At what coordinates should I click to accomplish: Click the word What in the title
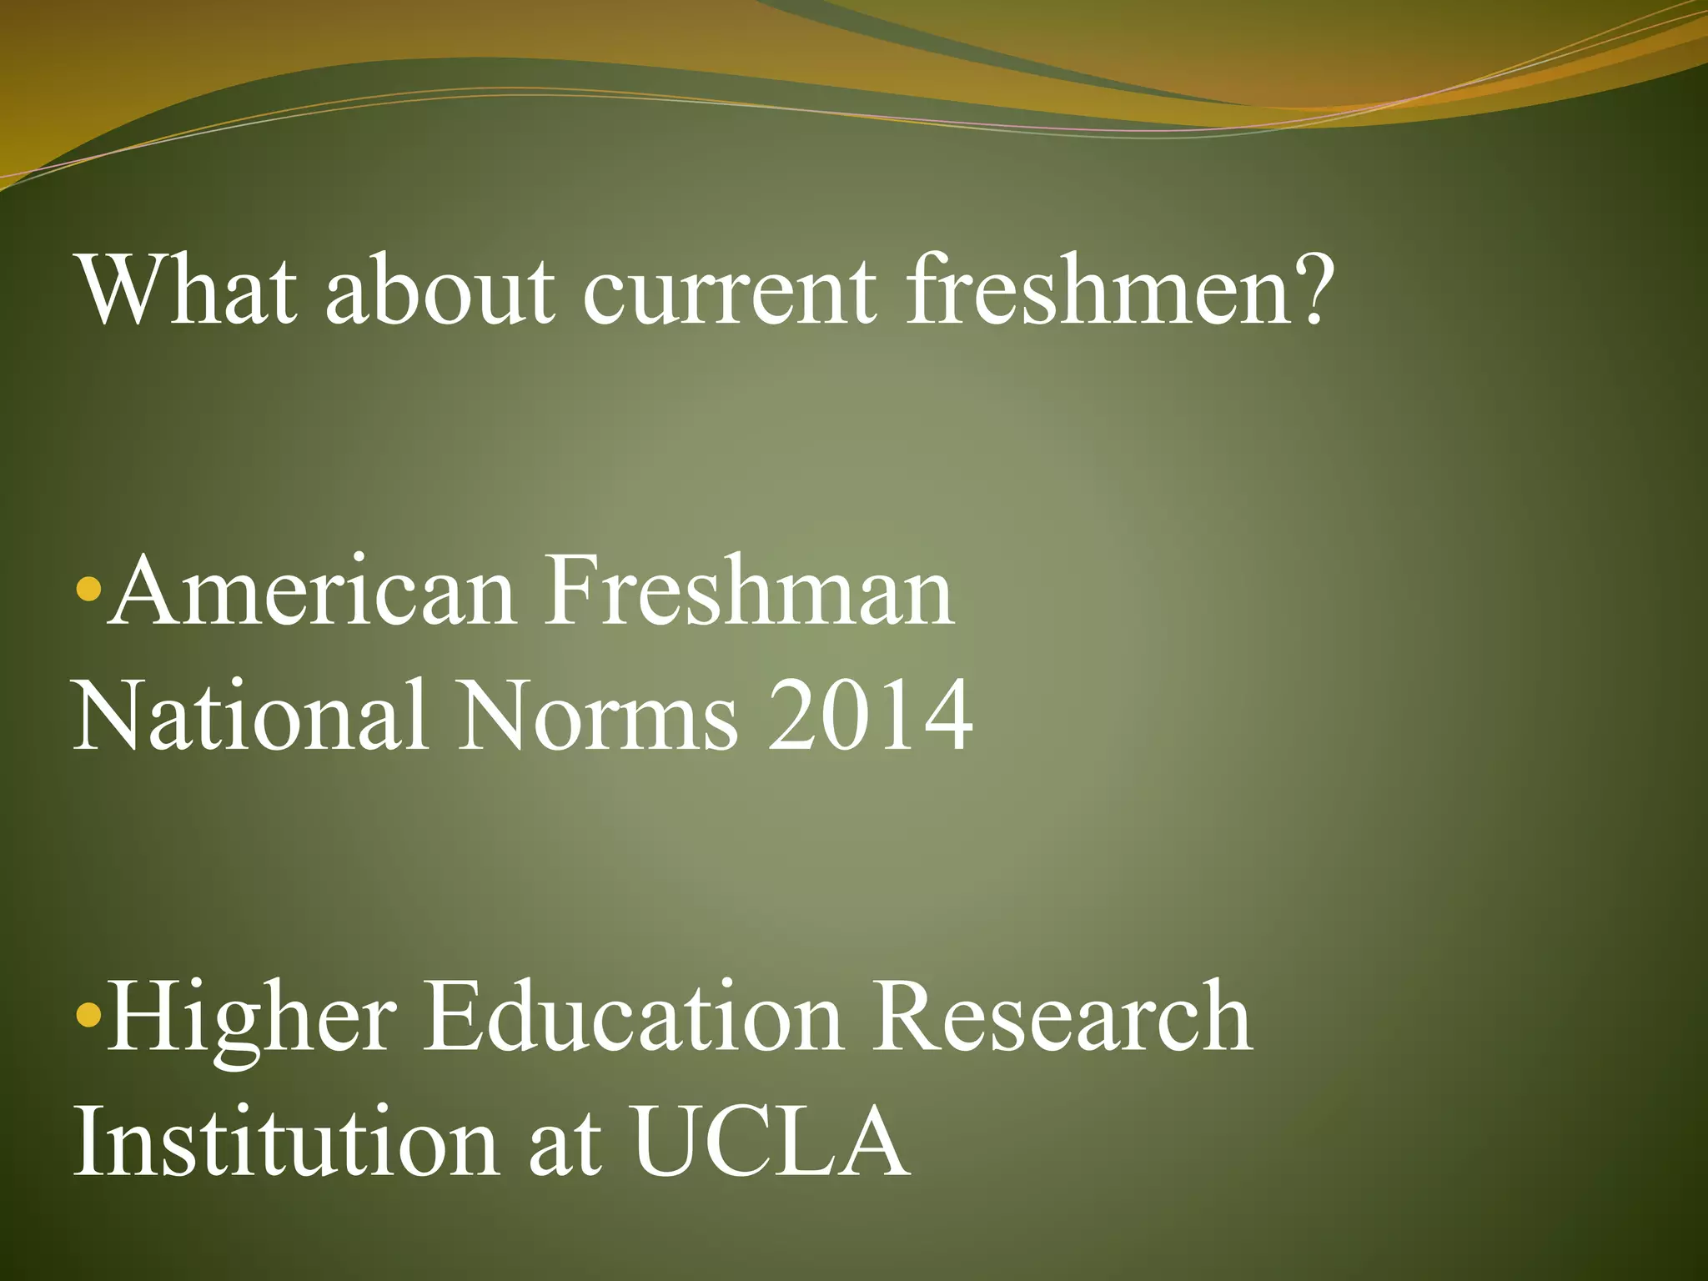[x=185, y=290]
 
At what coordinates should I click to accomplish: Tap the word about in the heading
[x=439, y=290]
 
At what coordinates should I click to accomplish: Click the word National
[x=250, y=715]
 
